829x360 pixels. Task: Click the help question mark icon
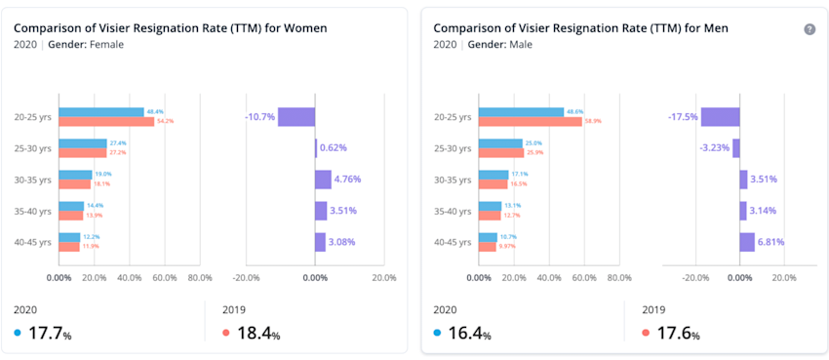(x=809, y=29)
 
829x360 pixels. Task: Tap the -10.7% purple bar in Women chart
(x=296, y=117)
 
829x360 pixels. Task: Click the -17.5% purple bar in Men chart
(x=720, y=117)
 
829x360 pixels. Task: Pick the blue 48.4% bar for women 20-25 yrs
(x=101, y=112)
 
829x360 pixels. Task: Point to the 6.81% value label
(x=771, y=242)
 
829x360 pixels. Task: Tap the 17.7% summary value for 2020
(x=50, y=334)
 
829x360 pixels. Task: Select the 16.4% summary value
(x=469, y=334)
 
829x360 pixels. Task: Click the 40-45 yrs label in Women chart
(x=32, y=242)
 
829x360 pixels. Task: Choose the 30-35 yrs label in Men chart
(x=453, y=180)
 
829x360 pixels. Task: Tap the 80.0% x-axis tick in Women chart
(x=199, y=277)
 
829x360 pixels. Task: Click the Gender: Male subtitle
(x=500, y=45)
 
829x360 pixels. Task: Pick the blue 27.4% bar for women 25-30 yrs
(x=83, y=143)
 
